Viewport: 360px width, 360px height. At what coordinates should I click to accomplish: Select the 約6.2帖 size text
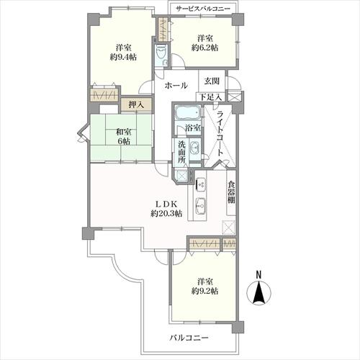204,48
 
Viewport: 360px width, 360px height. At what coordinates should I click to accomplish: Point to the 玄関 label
212,81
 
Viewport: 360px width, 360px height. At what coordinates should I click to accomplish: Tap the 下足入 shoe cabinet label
211,96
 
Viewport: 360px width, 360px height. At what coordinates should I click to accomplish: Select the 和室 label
120,130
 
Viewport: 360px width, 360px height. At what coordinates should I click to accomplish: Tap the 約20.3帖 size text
166,214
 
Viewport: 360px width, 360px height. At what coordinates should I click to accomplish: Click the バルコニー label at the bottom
189,338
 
